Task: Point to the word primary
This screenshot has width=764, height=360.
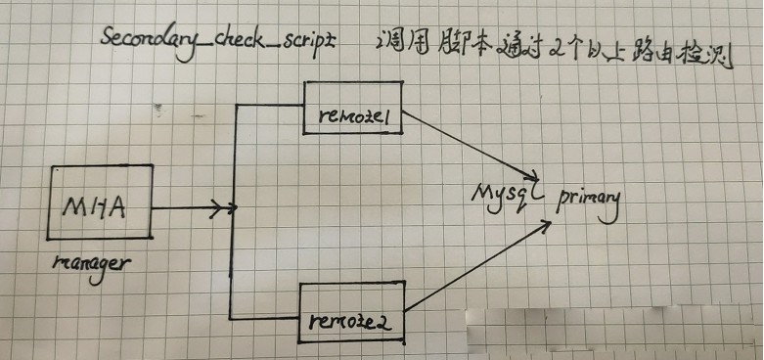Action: click(x=589, y=200)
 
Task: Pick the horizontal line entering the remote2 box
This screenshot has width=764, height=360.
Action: click(x=264, y=318)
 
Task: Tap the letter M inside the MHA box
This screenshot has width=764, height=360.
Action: click(x=77, y=206)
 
